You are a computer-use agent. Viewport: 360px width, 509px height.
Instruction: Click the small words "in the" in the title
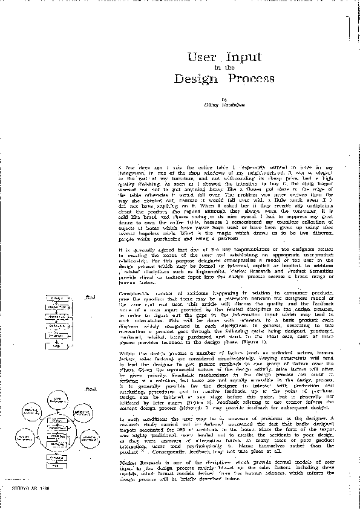click(224, 68)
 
